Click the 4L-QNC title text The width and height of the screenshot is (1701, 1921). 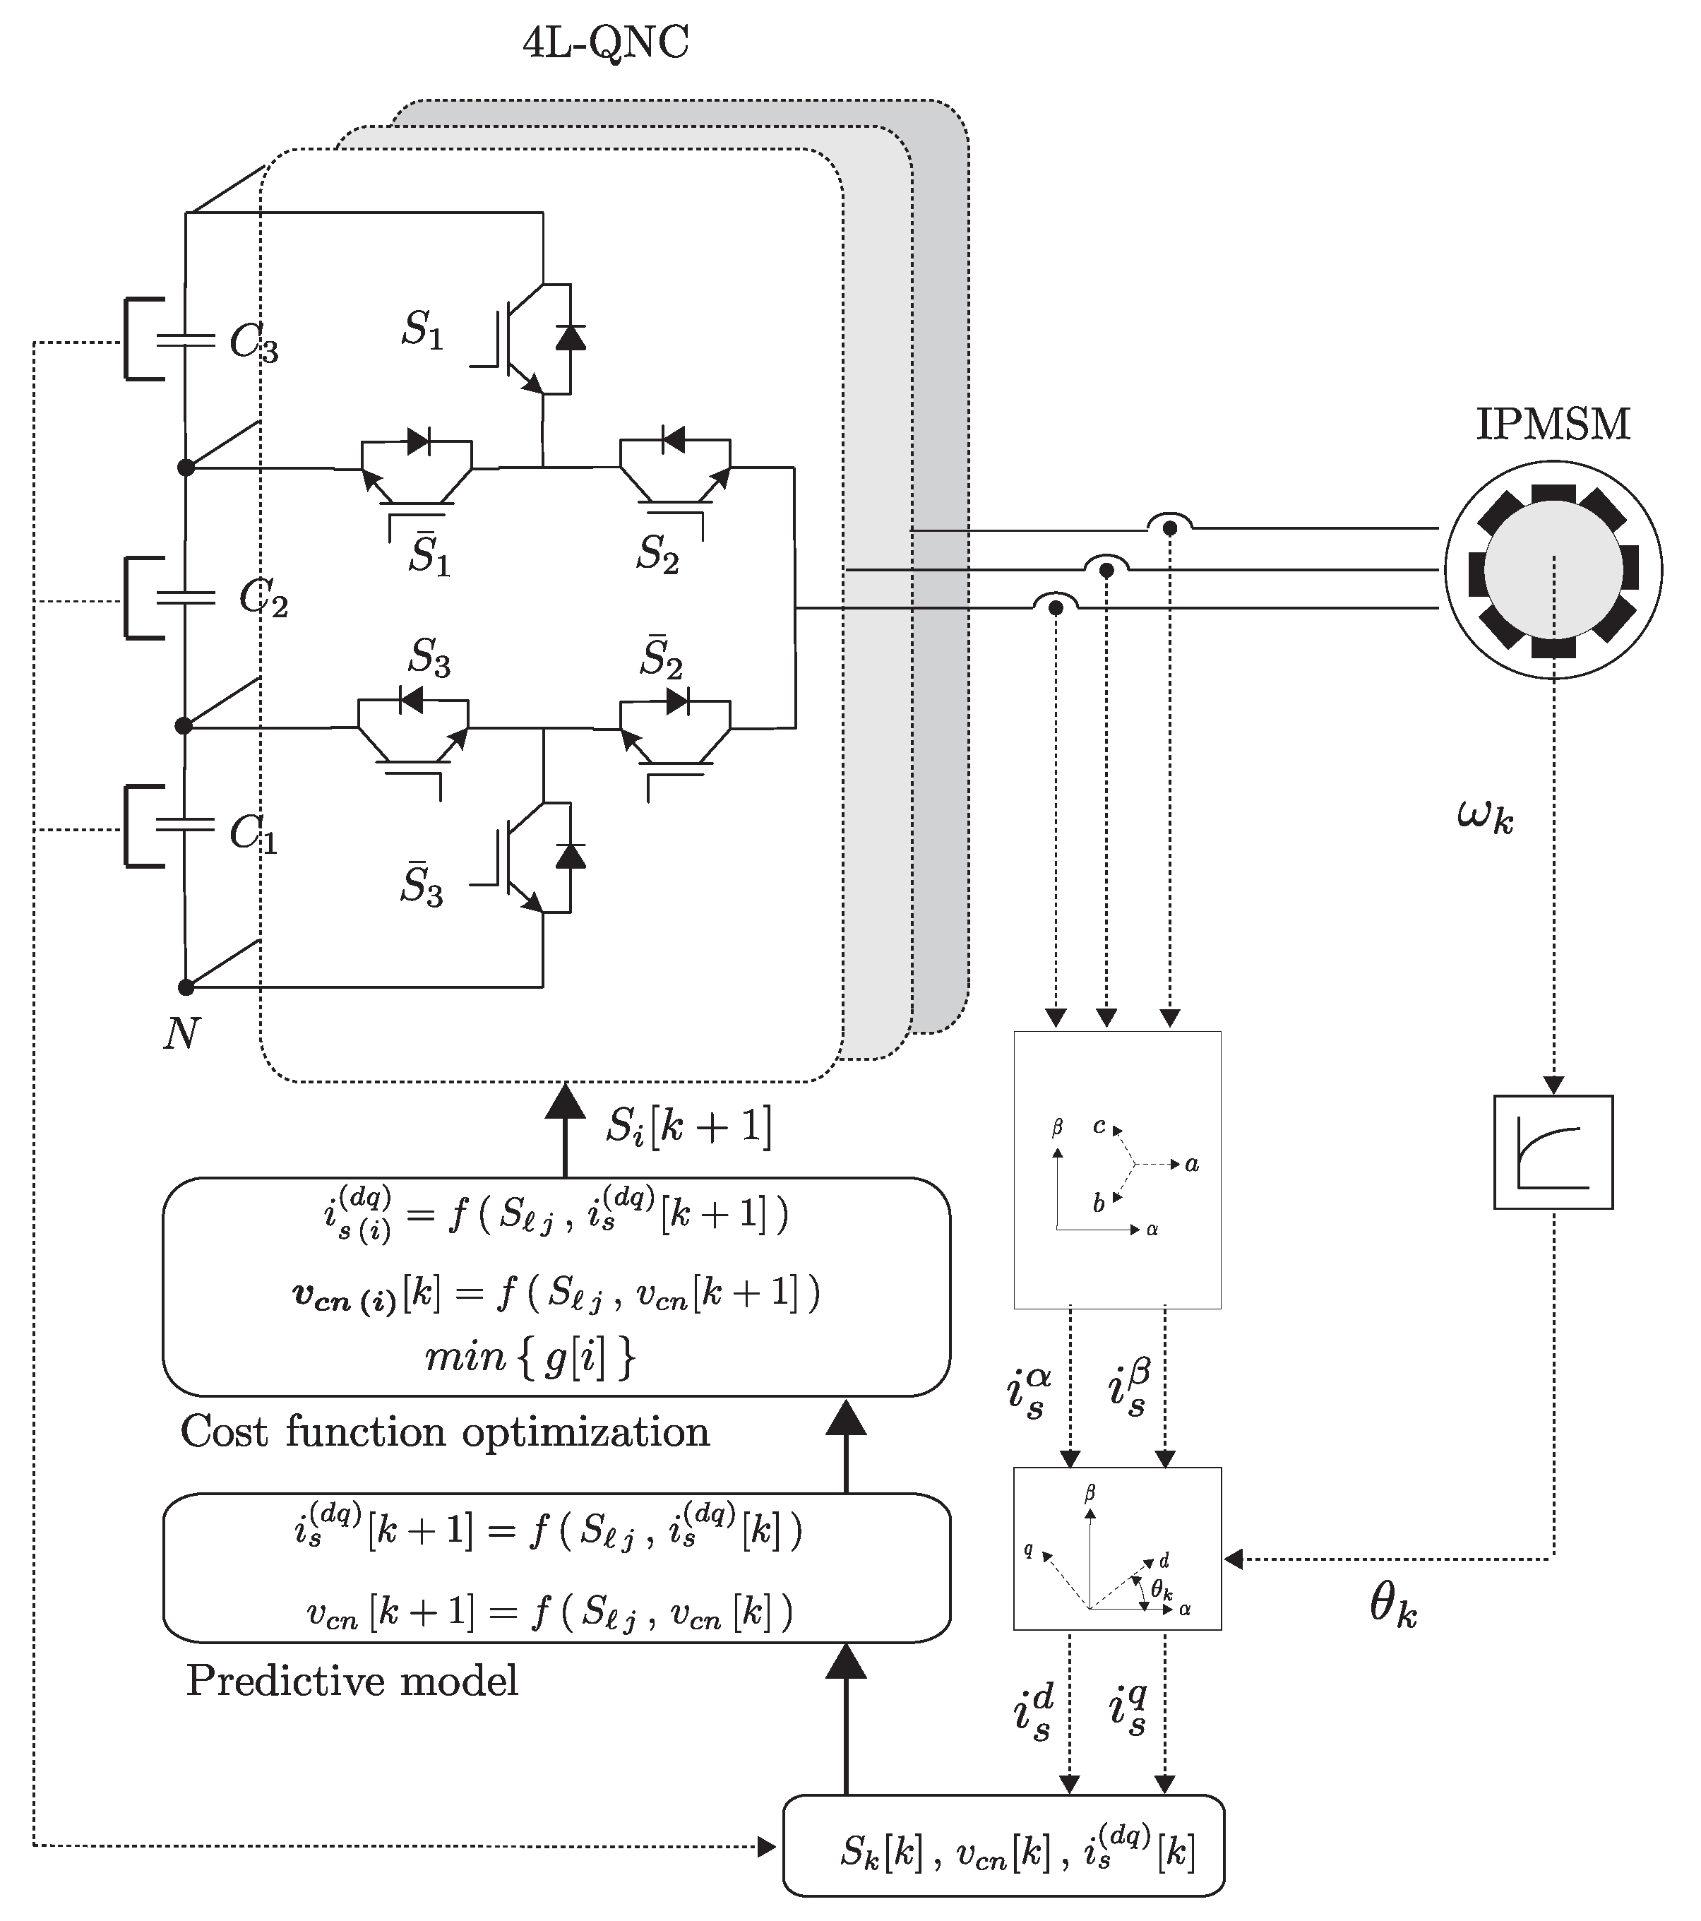pos(605,43)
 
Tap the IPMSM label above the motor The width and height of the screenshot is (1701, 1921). pos(1553,424)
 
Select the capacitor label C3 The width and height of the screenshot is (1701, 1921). pos(253,345)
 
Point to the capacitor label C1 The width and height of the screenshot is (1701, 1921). pos(253,833)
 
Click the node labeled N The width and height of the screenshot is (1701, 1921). pos(181,1035)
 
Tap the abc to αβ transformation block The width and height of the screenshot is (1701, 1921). pos(1116,1170)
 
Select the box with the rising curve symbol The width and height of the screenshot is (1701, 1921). pos(1553,1152)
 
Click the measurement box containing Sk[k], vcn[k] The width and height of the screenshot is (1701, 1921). pos(1003,1846)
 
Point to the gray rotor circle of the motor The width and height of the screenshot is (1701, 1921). pos(1553,569)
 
